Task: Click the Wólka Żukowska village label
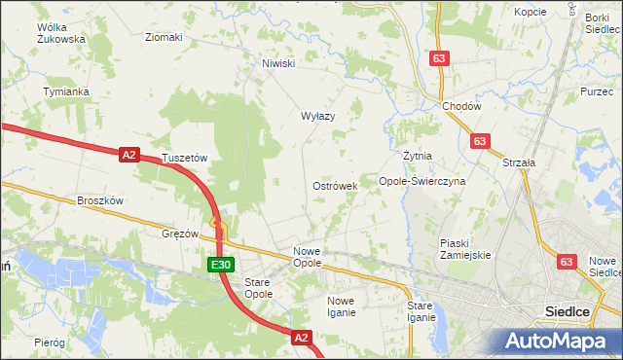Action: point(60,33)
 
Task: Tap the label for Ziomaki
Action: point(164,37)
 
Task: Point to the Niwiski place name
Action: point(277,64)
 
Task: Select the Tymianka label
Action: point(66,91)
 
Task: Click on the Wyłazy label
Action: point(317,116)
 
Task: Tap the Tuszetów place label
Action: point(185,157)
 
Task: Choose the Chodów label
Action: point(461,106)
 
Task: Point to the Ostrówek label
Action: point(335,185)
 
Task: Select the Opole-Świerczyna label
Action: point(422,181)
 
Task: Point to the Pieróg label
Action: point(49,342)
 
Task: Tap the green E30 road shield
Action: point(221,265)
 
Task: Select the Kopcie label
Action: point(531,12)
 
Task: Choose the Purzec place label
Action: point(596,90)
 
